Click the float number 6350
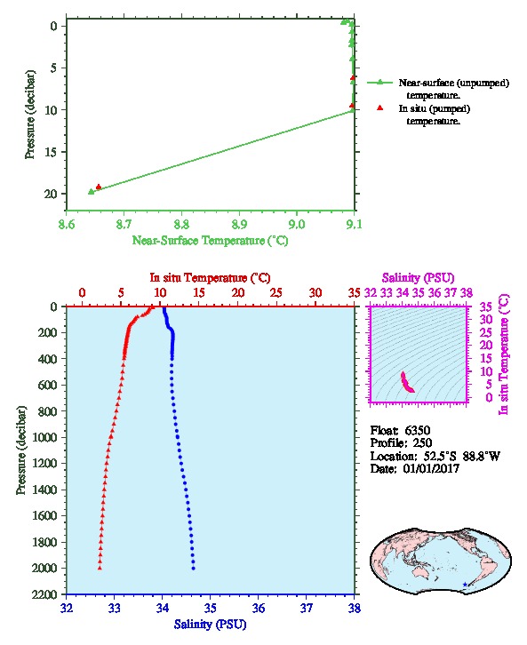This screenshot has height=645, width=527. click(417, 430)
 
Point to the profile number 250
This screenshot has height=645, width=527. click(422, 442)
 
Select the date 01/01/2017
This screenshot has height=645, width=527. click(431, 468)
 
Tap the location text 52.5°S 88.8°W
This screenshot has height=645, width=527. click(459, 456)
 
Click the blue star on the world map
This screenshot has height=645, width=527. click(465, 584)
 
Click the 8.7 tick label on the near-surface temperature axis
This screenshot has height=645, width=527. click(124, 224)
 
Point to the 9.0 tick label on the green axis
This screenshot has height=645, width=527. click(296, 224)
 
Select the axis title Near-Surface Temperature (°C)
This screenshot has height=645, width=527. click(210, 240)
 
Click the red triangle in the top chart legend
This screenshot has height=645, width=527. click(380, 107)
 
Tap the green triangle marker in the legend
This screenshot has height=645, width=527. click(380, 83)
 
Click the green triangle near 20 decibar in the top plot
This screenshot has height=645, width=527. click(92, 191)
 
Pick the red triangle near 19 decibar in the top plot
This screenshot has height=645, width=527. click(99, 187)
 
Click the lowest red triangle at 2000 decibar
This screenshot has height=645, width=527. click(100, 568)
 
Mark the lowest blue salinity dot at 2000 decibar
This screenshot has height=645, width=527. click(194, 569)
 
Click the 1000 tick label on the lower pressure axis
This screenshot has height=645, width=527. click(45, 437)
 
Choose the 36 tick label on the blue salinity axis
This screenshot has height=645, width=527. click(259, 608)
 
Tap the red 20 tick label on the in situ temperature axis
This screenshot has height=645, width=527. click(238, 292)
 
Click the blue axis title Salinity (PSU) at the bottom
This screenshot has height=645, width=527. click(211, 624)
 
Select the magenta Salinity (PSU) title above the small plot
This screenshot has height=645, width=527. click(418, 278)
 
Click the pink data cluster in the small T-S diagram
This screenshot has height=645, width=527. click(407, 383)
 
